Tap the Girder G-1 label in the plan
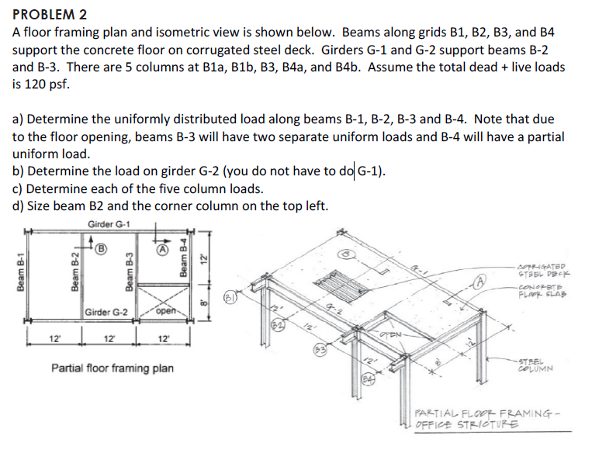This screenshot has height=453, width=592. point(109,225)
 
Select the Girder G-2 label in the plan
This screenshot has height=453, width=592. point(107,313)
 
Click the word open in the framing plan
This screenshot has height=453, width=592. point(165,313)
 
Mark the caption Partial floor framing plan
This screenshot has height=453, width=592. point(112,368)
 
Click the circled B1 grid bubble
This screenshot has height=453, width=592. point(230,297)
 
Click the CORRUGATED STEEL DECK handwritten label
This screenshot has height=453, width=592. point(545,268)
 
